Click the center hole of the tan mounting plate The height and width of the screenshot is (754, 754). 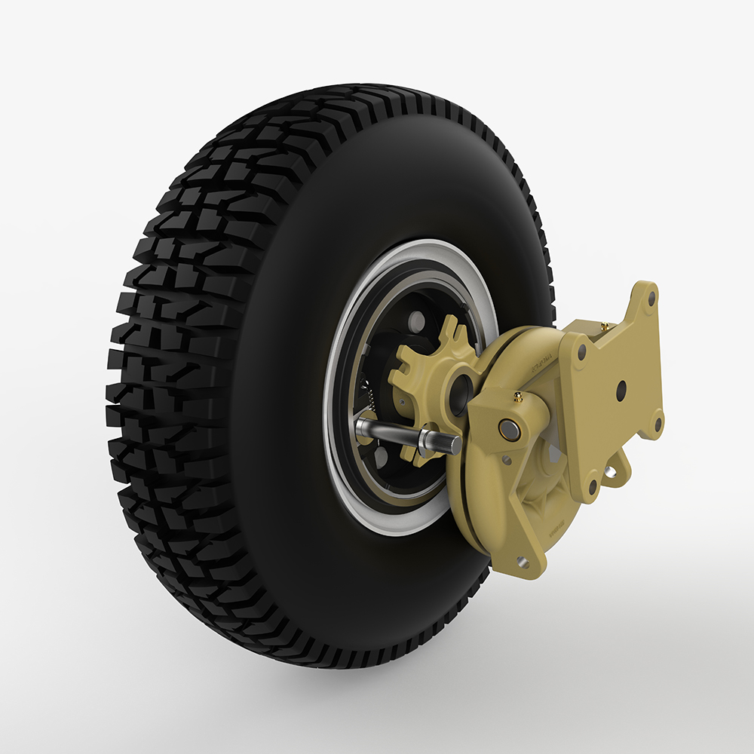(621, 390)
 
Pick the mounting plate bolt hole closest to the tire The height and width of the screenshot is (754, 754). (582, 351)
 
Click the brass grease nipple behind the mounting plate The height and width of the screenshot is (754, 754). (604, 326)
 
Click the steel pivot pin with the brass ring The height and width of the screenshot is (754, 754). (509, 431)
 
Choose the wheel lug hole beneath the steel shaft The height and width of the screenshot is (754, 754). (381, 455)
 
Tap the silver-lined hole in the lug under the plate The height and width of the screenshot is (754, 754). (610, 471)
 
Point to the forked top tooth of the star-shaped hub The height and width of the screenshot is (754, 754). (449, 329)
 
